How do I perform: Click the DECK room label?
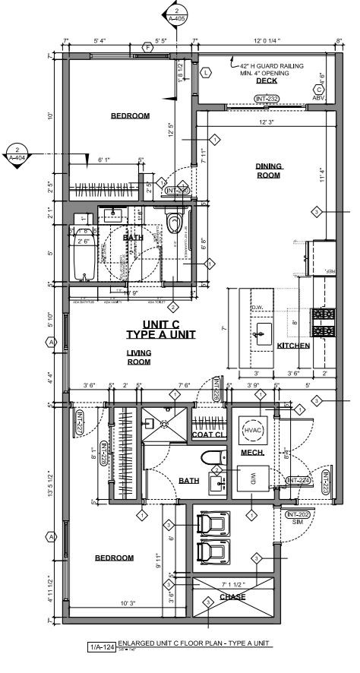pyautogui.click(x=266, y=81)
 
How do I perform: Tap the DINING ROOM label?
pyautogui.click(x=268, y=171)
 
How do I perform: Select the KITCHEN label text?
pyautogui.click(x=293, y=346)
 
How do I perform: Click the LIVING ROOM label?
pyautogui.click(x=138, y=357)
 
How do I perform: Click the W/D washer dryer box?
pyautogui.click(x=252, y=478)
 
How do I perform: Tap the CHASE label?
pyautogui.click(x=232, y=597)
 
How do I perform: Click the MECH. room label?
pyautogui.click(x=251, y=453)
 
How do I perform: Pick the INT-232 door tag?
pyautogui.click(x=267, y=98)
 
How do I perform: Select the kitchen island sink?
pyautogui.click(x=264, y=330)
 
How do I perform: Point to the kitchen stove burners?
pyautogui.click(x=324, y=324)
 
